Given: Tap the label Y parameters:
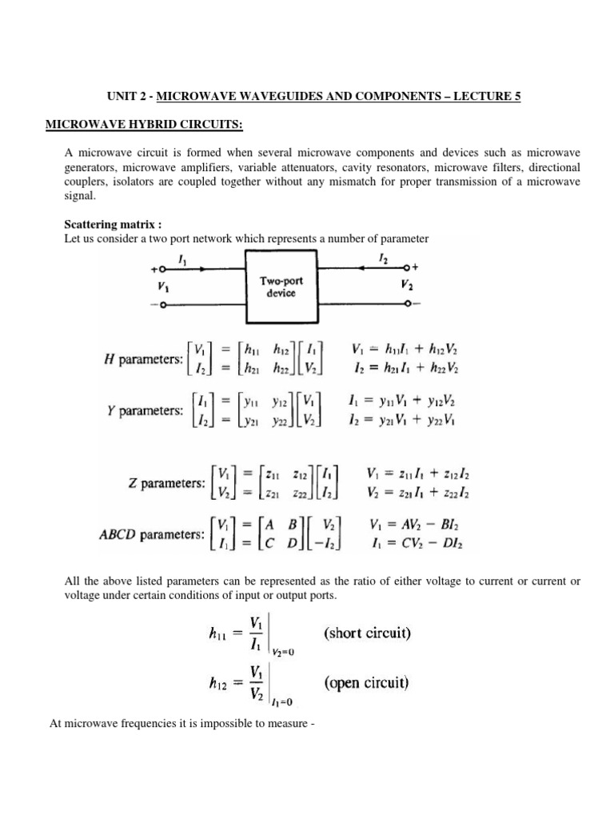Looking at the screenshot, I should pyautogui.click(x=144, y=410).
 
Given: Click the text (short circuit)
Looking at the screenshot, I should pyautogui.click(x=367, y=633).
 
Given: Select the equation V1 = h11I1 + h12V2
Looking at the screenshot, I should pyautogui.click(x=405, y=350).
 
